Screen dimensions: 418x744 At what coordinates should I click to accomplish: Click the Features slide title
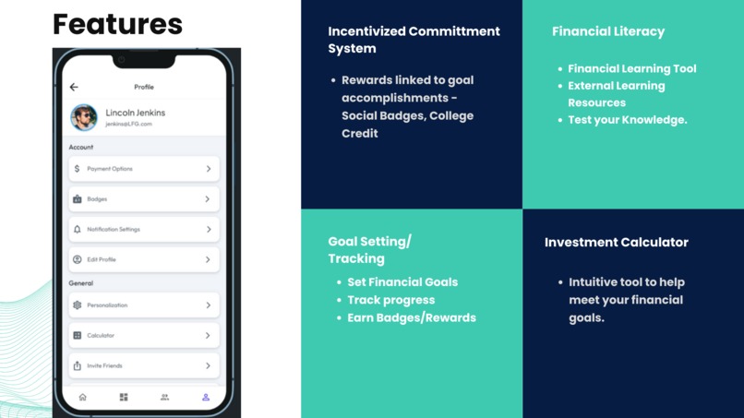tap(117, 24)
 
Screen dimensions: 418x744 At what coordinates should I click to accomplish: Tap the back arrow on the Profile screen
tap(74, 87)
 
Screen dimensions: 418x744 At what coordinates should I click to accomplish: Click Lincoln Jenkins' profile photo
tap(84, 117)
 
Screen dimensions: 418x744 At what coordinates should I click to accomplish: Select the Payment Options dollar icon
tap(77, 169)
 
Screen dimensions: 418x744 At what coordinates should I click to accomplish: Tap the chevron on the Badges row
tap(209, 199)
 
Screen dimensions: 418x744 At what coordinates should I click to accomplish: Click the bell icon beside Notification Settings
tap(77, 230)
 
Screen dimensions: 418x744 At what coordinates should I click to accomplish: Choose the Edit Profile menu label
tap(102, 260)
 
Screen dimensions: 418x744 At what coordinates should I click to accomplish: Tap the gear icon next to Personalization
tap(77, 305)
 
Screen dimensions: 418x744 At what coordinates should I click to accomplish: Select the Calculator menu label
tap(101, 336)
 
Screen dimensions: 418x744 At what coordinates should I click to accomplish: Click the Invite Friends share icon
tap(77, 366)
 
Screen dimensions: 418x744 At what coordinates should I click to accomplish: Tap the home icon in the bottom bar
tap(82, 398)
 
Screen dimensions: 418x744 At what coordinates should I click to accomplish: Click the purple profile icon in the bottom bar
tap(206, 398)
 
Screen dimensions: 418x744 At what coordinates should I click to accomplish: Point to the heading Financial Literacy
tap(608, 31)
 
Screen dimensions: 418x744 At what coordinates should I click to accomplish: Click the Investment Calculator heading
tap(617, 243)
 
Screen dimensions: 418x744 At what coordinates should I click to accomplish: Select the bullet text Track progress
tap(391, 300)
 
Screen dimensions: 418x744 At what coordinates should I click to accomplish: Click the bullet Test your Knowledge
tap(628, 120)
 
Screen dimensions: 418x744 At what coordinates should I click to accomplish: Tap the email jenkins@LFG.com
tap(128, 124)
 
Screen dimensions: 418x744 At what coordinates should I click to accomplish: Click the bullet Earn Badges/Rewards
tap(412, 317)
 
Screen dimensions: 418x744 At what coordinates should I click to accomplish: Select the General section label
tap(80, 283)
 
